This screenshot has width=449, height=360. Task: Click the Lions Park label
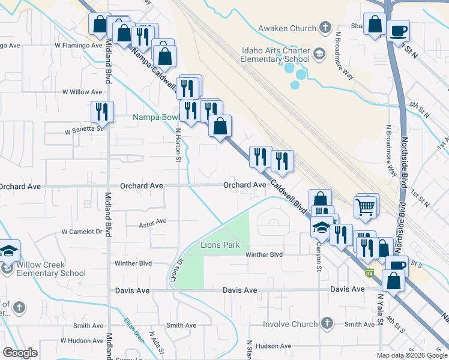(x=220, y=245)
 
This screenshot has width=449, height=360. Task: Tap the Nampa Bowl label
(x=152, y=117)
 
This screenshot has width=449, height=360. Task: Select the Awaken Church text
(x=286, y=28)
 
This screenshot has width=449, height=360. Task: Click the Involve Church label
(x=290, y=324)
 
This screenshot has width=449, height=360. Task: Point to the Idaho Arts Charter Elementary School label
(x=274, y=55)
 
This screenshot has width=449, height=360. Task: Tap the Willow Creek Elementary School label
(x=51, y=269)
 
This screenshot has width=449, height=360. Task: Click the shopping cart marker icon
(x=366, y=206)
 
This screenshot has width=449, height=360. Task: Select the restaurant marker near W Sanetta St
(x=102, y=112)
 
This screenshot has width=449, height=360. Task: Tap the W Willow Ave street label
(x=82, y=92)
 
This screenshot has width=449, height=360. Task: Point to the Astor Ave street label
(x=152, y=222)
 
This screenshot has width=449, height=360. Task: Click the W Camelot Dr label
(x=82, y=232)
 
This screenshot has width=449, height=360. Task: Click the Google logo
(x=20, y=353)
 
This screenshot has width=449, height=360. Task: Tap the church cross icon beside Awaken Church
(x=325, y=28)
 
